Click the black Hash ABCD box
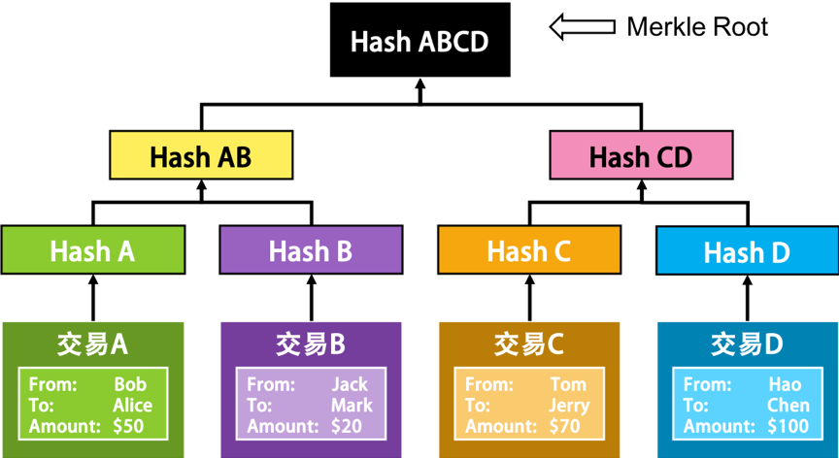click(x=420, y=40)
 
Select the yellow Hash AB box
click(x=201, y=155)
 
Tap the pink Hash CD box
click(x=641, y=155)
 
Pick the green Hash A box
click(x=92, y=249)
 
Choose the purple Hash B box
click(x=311, y=249)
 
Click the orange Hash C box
click(x=529, y=249)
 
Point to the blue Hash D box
click(x=747, y=249)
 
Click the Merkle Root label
click(x=697, y=27)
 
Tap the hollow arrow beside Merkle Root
click(x=583, y=27)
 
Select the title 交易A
click(x=92, y=345)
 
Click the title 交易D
click(x=747, y=345)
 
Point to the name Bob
click(x=130, y=384)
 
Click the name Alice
click(x=133, y=405)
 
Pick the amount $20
click(x=347, y=426)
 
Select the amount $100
click(x=789, y=426)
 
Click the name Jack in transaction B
click(x=350, y=384)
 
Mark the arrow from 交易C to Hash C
click(x=530, y=298)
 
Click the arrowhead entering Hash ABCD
click(x=420, y=83)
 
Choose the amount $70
click(x=565, y=426)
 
